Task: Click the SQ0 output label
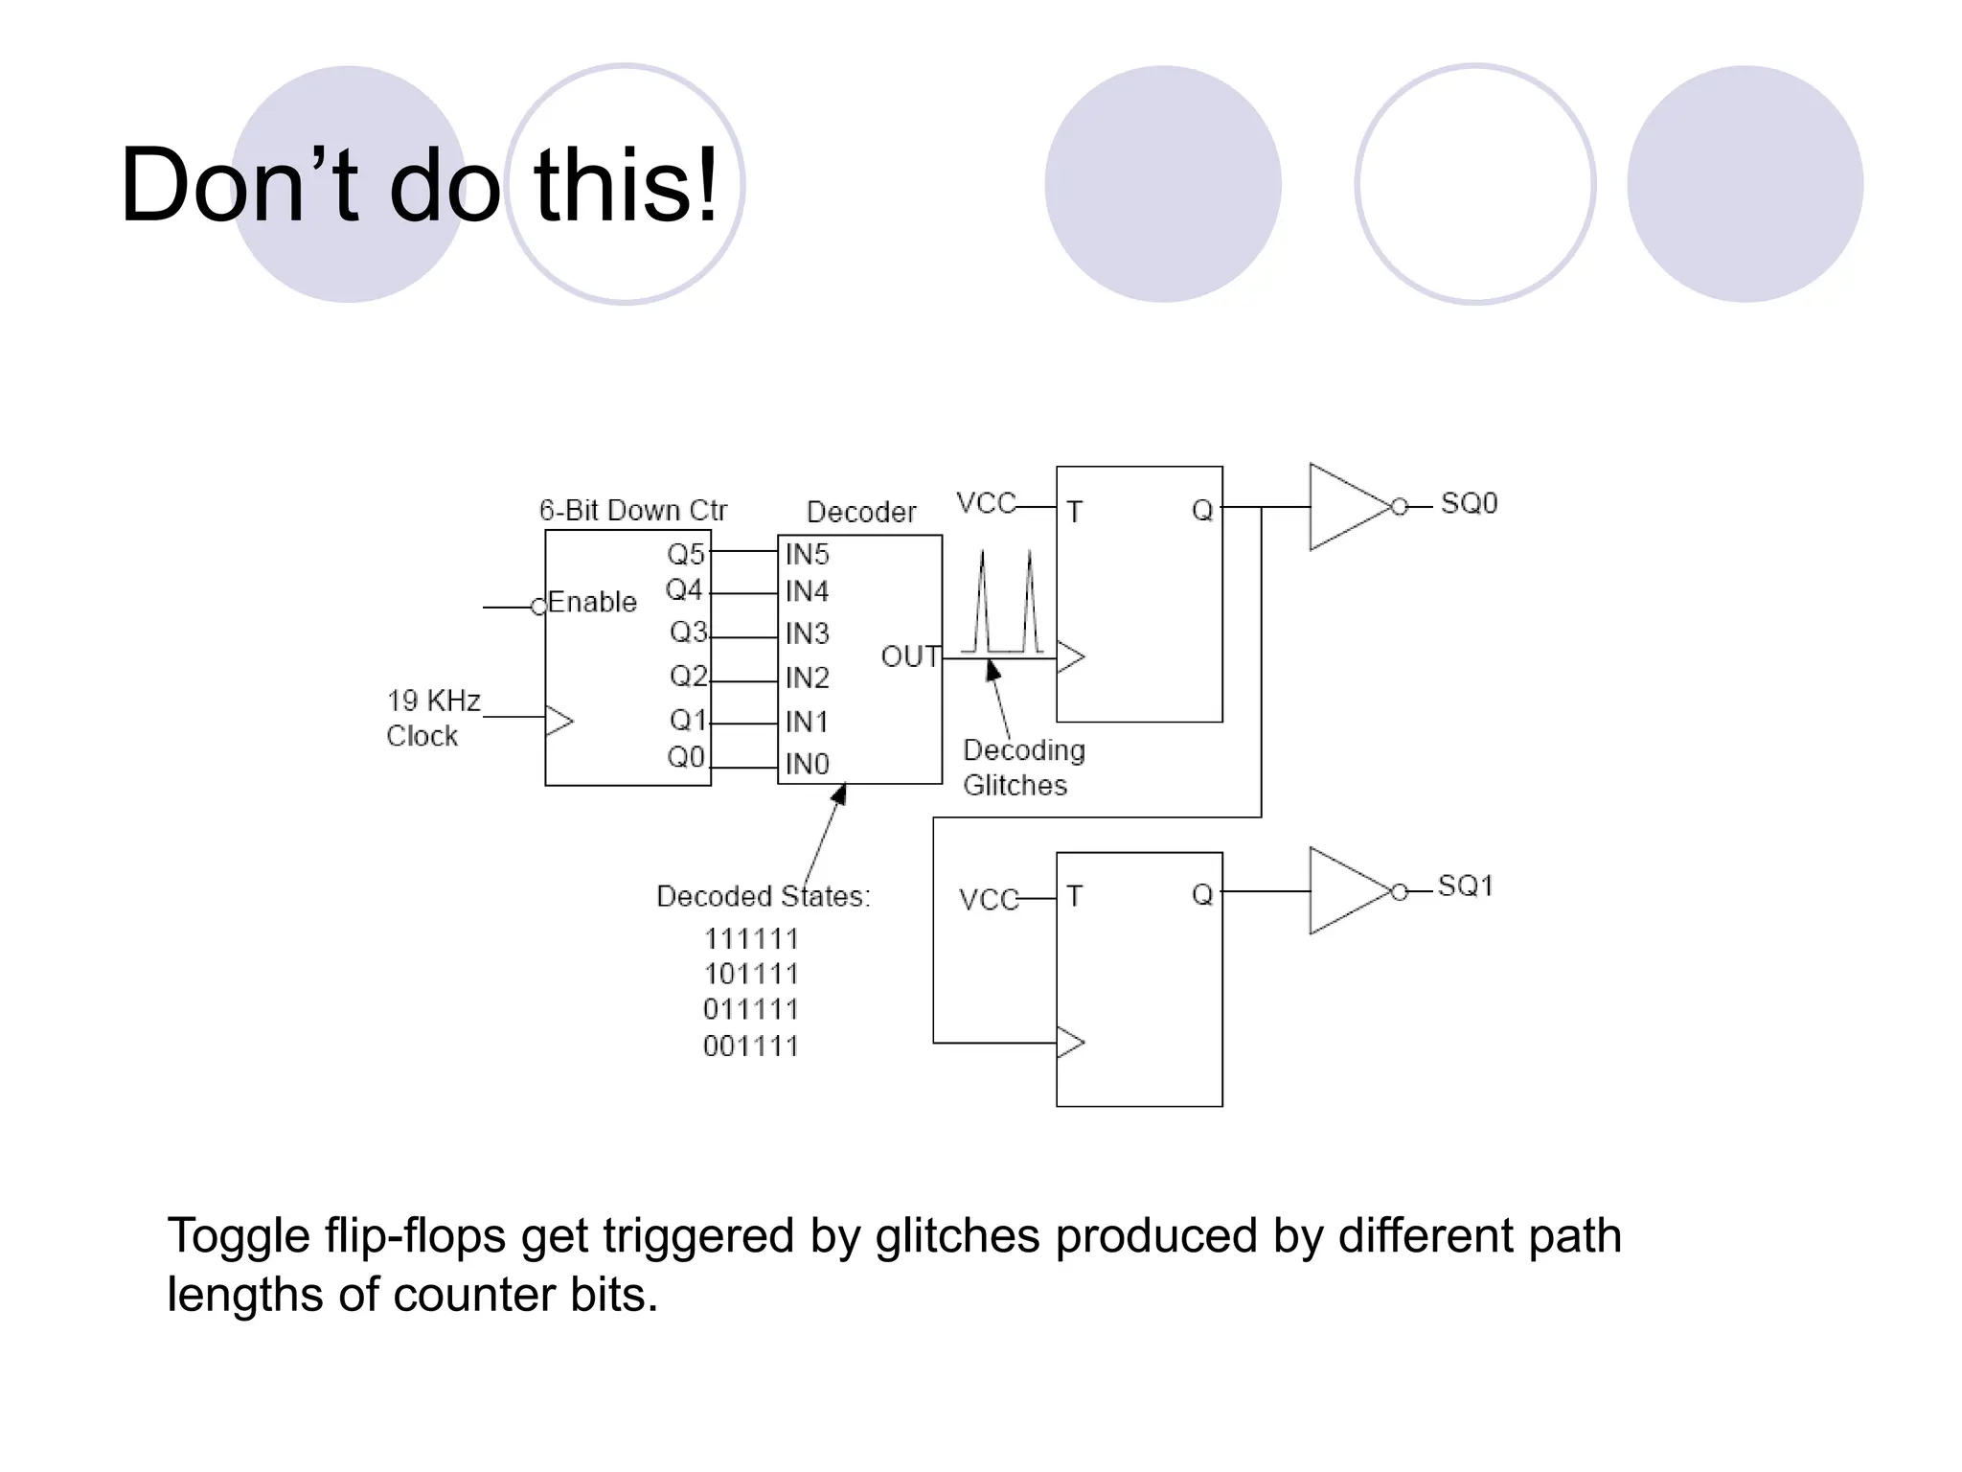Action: (1469, 503)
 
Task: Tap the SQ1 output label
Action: (1466, 885)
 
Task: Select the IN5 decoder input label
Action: (807, 554)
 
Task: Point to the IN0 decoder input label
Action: (807, 764)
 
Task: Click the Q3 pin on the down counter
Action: (688, 632)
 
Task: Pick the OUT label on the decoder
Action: (909, 656)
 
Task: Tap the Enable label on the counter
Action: (592, 602)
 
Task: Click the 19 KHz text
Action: (433, 701)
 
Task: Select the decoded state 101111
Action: (751, 974)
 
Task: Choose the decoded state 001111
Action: (751, 1046)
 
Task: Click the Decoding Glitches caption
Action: (1022, 767)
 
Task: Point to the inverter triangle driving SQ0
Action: (1344, 507)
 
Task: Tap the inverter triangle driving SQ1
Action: (1344, 890)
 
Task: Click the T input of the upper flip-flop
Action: (1074, 512)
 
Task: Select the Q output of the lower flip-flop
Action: (1201, 894)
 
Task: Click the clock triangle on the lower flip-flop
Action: (1069, 1042)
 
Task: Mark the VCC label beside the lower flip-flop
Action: (988, 899)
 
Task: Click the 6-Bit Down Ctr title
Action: (632, 510)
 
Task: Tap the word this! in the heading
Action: (625, 185)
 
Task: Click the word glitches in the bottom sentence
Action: (956, 1235)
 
